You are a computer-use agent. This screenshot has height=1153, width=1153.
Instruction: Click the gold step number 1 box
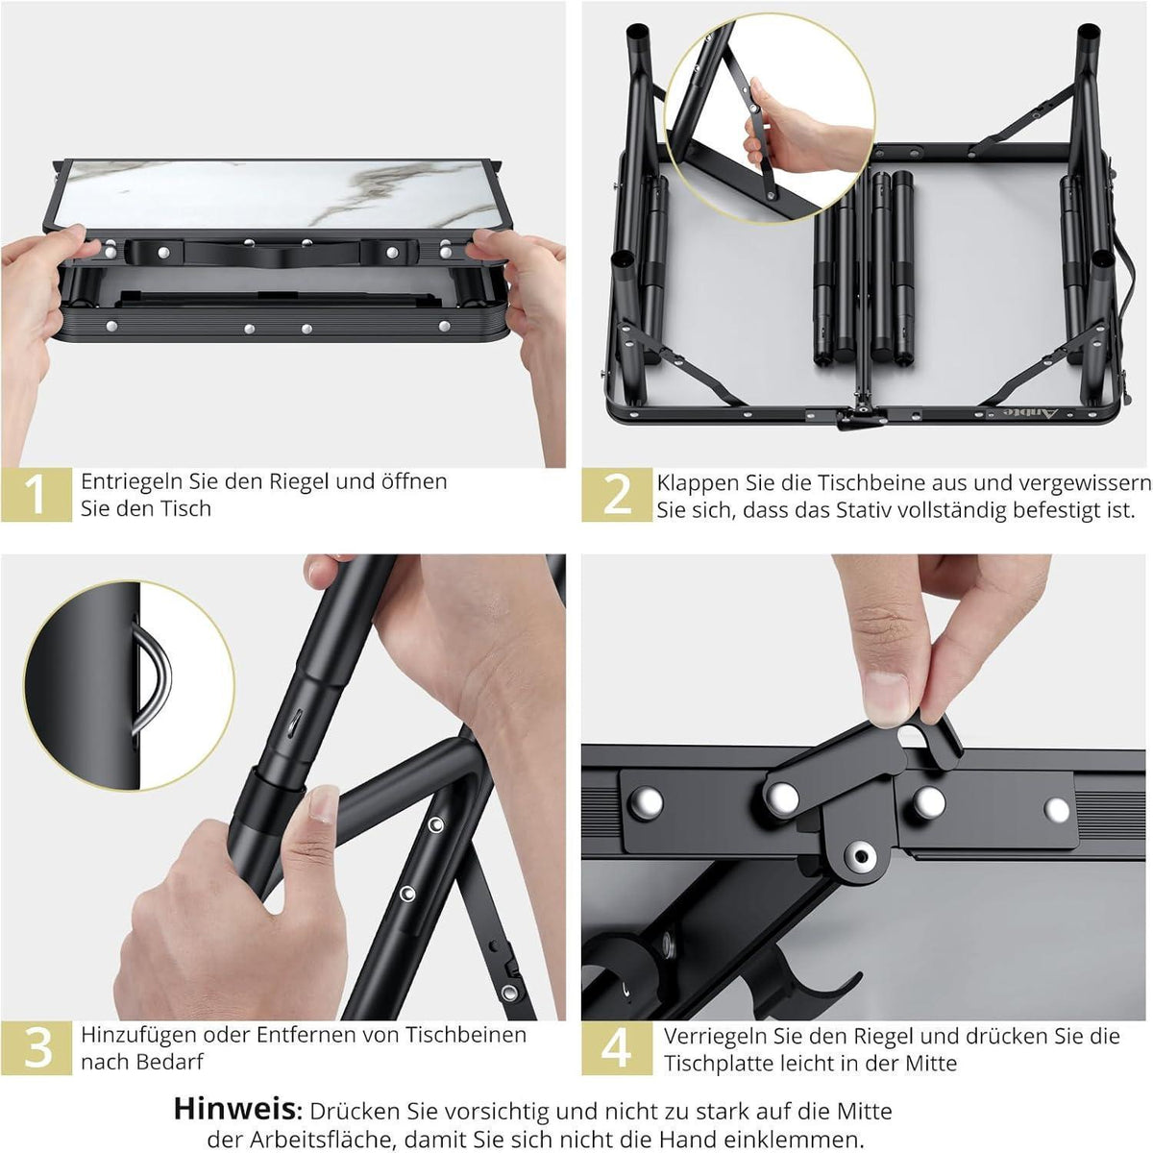click(37, 495)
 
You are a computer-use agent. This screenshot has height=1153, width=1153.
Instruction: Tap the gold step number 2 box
click(617, 495)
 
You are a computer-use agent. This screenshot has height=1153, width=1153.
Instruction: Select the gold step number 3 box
click(37, 1047)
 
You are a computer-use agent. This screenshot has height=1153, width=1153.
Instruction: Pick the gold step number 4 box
click(617, 1047)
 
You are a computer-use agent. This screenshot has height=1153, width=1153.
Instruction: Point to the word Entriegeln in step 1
click(133, 482)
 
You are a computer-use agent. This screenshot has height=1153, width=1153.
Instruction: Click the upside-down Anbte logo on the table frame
click(1022, 413)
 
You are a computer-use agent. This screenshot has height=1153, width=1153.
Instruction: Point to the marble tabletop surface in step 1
click(277, 194)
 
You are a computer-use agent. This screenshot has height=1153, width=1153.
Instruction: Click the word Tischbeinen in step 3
click(467, 1035)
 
